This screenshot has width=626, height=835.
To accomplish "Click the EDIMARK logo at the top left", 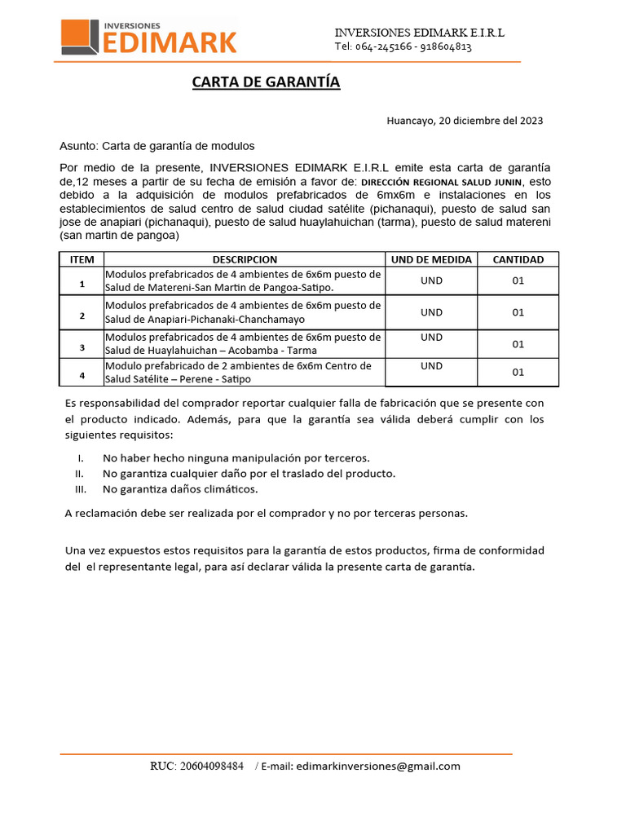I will tap(149, 38).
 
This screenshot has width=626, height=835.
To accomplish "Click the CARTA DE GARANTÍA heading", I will tap(266, 82).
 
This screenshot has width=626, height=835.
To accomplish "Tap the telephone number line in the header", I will tap(403, 46).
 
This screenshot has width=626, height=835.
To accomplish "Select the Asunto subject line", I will tap(157, 146).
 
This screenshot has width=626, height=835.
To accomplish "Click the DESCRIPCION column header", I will tap(245, 259).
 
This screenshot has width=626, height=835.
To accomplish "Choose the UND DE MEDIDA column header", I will tap(431, 259).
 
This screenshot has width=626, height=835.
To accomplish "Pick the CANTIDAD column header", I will tap(518, 259).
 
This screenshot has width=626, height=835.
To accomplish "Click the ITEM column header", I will tap(82, 259).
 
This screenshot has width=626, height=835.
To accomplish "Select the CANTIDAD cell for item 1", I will tap(518, 281).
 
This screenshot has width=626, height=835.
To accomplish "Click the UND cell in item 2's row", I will tap(431, 311).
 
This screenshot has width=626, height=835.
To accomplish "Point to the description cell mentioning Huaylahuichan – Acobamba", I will tap(243, 343).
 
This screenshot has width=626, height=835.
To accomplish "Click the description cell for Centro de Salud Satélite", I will tap(243, 373).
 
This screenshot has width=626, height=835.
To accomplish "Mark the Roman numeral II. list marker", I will tap(79, 474).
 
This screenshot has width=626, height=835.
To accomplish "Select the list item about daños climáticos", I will tap(179, 489).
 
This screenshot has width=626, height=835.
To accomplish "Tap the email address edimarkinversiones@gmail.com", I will tap(378, 766).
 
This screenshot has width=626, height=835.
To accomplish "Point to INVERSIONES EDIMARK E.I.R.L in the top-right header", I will tap(419, 32).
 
